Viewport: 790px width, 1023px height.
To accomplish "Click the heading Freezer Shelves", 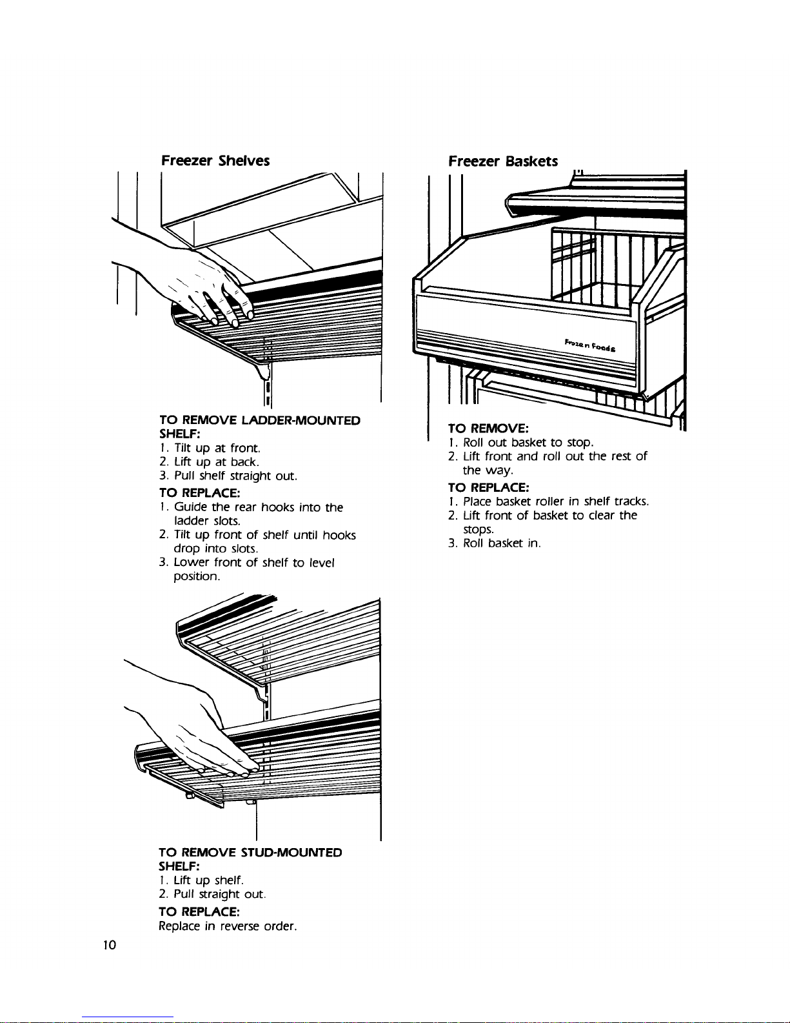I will (x=215, y=160).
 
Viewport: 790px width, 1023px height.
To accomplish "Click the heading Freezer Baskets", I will (x=503, y=161).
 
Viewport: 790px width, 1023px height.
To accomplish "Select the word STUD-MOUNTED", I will (x=291, y=852).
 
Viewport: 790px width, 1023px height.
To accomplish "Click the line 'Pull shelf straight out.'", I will (x=235, y=476).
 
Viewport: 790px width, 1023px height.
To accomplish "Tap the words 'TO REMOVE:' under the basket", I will (x=488, y=428).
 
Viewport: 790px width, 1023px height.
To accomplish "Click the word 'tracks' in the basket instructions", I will (x=631, y=501).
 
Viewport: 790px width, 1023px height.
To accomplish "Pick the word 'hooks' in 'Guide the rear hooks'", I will (x=279, y=507).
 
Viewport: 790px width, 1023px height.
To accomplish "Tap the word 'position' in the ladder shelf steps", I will (x=197, y=576).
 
